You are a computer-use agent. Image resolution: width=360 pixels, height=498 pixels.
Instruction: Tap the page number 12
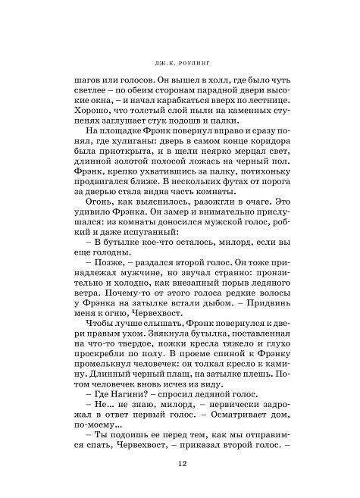click(179, 465)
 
